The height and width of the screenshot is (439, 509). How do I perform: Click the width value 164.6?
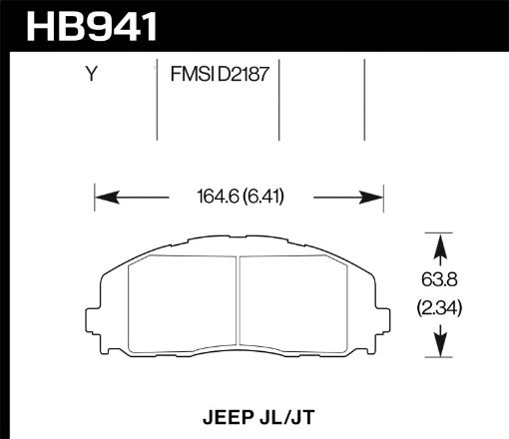click(x=213, y=197)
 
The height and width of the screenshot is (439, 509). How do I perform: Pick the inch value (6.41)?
click(x=263, y=197)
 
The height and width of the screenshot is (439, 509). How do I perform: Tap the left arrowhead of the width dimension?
click(x=103, y=197)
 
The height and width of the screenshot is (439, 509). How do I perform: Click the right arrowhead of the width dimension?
click(x=376, y=197)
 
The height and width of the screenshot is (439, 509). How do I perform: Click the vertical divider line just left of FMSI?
click(x=160, y=100)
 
